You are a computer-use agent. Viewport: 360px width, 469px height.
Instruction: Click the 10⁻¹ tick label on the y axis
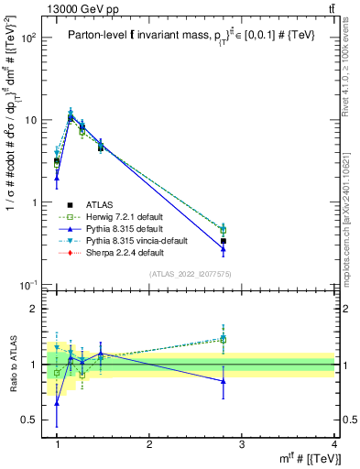[31, 286]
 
